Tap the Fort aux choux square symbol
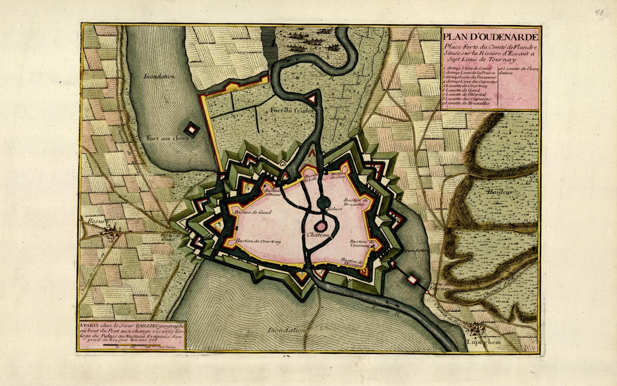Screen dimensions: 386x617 click(191, 129)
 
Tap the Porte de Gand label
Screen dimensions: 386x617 click(169, 237)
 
